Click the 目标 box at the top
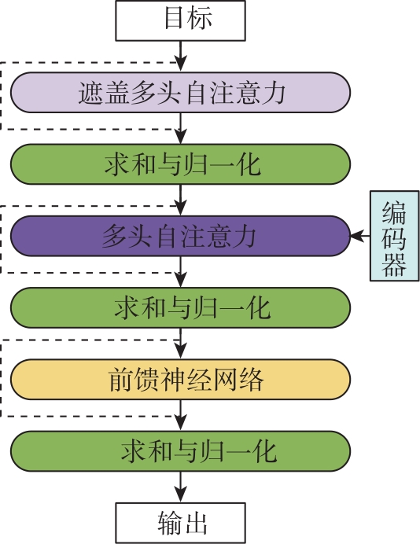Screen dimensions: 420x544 (x=180, y=20)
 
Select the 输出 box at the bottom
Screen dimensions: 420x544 (x=180, y=523)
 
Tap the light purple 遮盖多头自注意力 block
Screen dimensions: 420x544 (x=180, y=92)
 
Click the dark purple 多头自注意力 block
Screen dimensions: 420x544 (x=180, y=236)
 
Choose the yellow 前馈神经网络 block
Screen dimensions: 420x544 (x=180, y=379)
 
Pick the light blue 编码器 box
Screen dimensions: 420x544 (x=394, y=236)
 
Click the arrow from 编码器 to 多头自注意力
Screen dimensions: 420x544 (x=360, y=236)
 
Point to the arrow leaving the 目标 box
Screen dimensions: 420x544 (x=180, y=56)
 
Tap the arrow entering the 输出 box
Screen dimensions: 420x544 (x=180, y=487)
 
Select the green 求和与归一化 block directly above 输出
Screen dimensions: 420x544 (x=180, y=451)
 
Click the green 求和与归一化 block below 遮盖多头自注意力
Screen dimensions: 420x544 (x=180, y=164)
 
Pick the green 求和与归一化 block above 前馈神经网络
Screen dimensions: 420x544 (x=180, y=307)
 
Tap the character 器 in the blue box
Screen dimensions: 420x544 (x=394, y=264)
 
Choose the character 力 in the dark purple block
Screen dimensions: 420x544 (x=245, y=236)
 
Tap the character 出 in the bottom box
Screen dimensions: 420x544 (x=195, y=523)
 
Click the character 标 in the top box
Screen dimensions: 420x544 (x=200, y=17)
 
